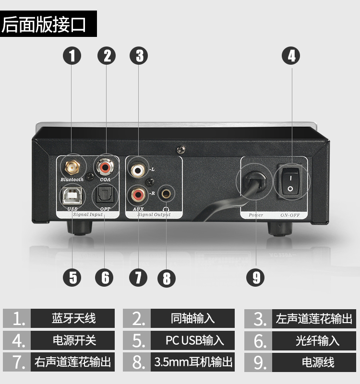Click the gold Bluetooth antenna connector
[72, 167]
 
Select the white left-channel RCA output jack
[138, 170]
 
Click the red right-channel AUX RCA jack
[138, 195]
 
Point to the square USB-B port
[72, 195]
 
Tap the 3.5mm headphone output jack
[167, 194]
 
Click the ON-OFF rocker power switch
[290, 183]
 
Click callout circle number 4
[291, 56]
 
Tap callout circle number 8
[167, 278]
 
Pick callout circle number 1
[72, 56]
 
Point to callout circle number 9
[255, 278]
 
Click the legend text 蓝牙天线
[73, 318]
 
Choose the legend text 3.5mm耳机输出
[193, 361]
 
